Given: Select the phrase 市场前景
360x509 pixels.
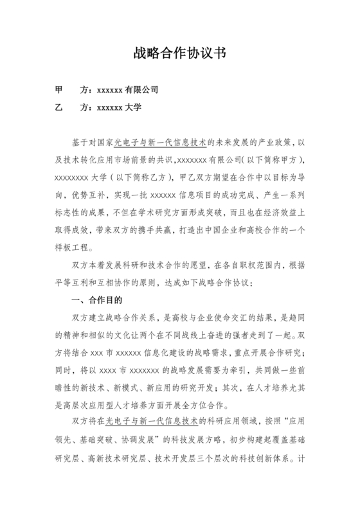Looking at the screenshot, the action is click(141, 159).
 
